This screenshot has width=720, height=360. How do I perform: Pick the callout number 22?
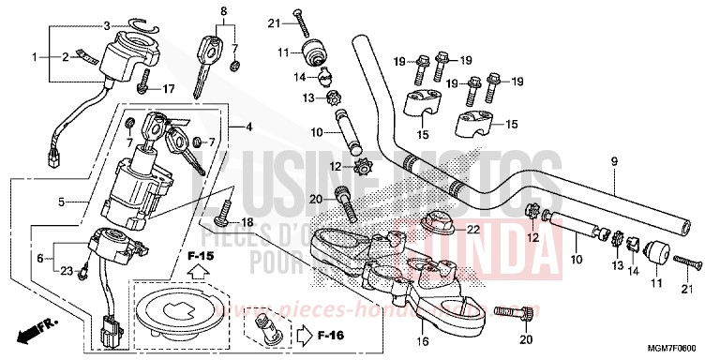coord(473,230)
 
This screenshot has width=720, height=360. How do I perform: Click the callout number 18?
coord(247,222)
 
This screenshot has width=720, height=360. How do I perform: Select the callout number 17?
coord(169,90)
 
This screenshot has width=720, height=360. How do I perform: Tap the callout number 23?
coord(67,271)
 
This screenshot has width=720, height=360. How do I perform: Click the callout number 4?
coord(248,127)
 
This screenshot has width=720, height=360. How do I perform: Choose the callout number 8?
coord(223,12)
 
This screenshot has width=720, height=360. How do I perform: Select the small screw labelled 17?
coord(142,87)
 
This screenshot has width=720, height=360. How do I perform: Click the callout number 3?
coord(107,25)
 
